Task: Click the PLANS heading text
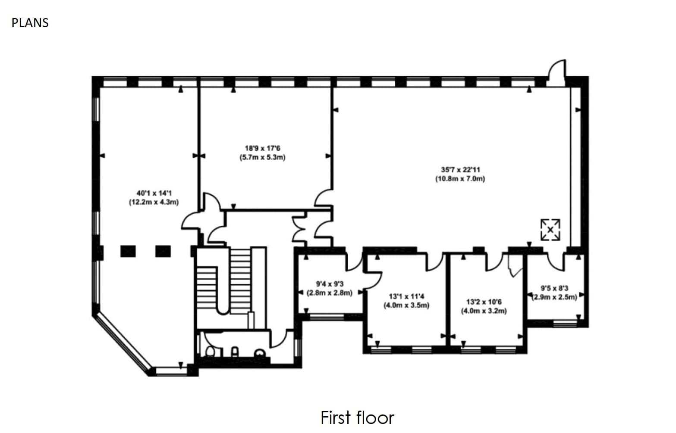pyautogui.click(x=30, y=22)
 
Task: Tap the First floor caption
pyautogui.click(x=357, y=417)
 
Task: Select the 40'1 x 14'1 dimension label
pyautogui.click(x=154, y=193)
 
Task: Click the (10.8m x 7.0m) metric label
pyautogui.click(x=460, y=178)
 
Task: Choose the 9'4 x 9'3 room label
pyautogui.click(x=330, y=284)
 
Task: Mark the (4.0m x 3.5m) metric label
pyautogui.click(x=406, y=305)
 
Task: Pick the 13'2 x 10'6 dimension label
pyautogui.click(x=484, y=302)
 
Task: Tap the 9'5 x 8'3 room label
pyautogui.click(x=554, y=288)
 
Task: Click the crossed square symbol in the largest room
pyautogui.click(x=550, y=230)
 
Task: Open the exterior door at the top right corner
pyautogui.click(x=556, y=70)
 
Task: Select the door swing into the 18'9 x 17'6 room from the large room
pyautogui.click(x=323, y=199)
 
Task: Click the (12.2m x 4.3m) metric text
pyautogui.click(x=154, y=202)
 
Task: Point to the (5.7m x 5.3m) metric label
pyautogui.click(x=262, y=157)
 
